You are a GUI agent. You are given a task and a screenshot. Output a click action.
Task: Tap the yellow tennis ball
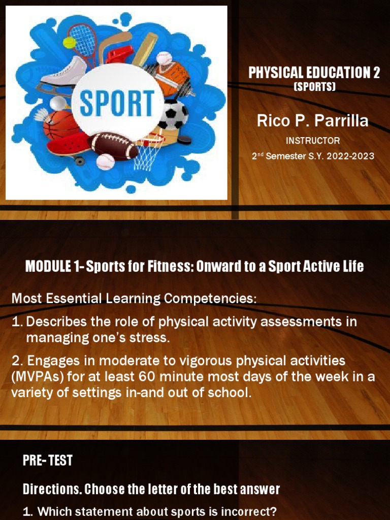point(69,42)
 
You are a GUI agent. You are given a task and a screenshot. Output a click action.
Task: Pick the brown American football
point(113,146)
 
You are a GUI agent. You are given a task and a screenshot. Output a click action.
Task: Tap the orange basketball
point(61,125)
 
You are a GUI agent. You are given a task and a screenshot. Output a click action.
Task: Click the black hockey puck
point(184,139)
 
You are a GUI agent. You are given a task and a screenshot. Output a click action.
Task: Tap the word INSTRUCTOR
point(313,140)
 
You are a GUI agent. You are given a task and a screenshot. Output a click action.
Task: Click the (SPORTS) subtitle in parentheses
point(315,87)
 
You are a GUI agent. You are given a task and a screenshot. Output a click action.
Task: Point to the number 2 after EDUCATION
point(376,73)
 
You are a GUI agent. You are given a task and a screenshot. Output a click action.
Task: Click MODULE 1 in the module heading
point(53,267)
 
